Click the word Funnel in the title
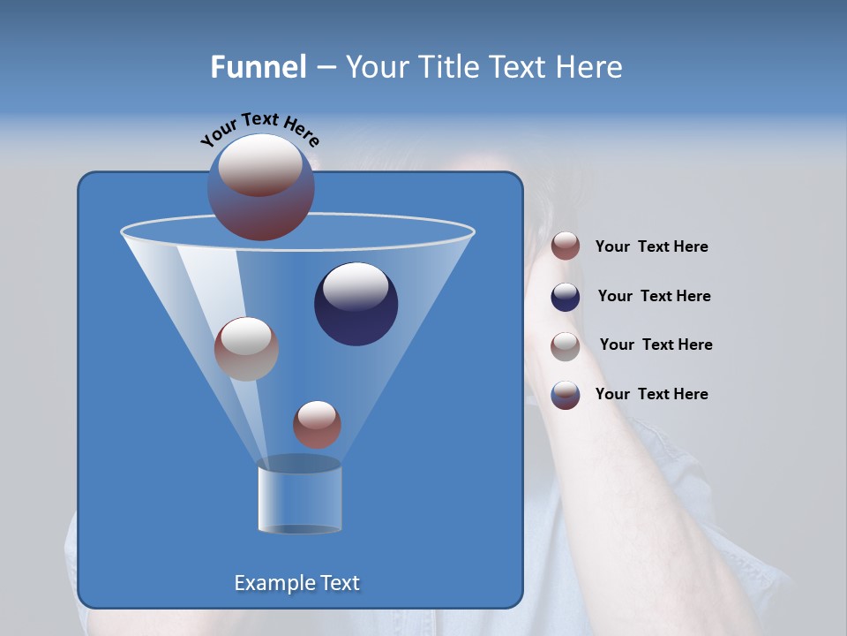pyautogui.click(x=259, y=67)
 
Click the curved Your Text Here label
pyautogui.click(x=260, y=130)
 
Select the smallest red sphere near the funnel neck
pyautogui.click(x=317, y=426)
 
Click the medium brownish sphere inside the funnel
pyautogui.click(x=246, y=350)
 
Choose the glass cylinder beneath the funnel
pyautogui.click(x=299, y=499)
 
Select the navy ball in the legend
pyautogui.click(x=566, y=297)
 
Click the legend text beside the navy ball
pyautogui.click(x=654, y=296)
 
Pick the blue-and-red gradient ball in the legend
pyautogui.click(x=566, y=395)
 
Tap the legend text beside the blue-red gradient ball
pyautogui.click(x=651, y=394)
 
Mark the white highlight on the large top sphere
pyautogui.click(x=261, y=164)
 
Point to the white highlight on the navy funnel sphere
pyautogui.click(x=356, y=287)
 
